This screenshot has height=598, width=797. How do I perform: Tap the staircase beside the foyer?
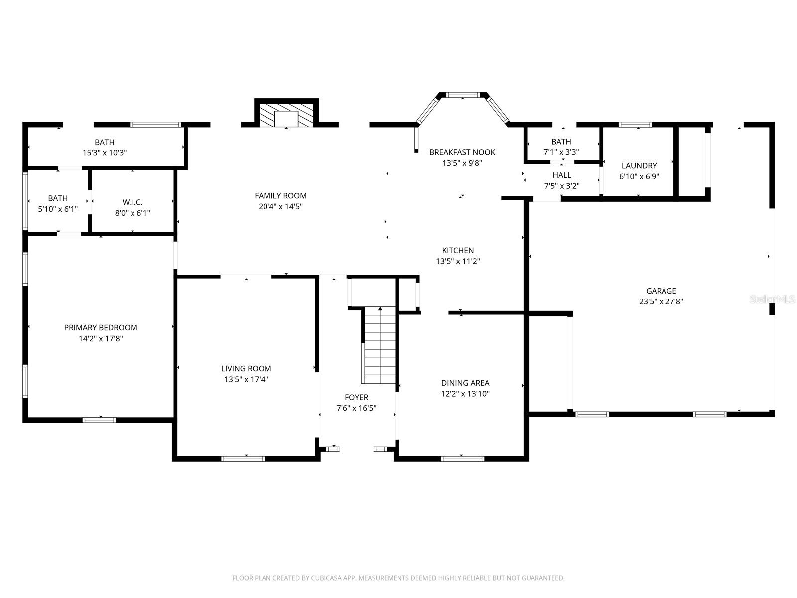click(x=380, y=346)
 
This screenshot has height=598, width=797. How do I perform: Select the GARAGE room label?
click(x=661, y=291)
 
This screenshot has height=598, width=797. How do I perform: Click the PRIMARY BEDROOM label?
click(x=101, y=328)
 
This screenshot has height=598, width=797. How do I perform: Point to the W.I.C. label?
click(x=133, y=202)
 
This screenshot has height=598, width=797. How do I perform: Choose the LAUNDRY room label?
click(x=639, y=166)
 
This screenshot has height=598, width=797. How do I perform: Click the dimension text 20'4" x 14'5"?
click(x=281, y=206)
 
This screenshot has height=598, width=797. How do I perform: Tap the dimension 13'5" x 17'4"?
click(x=246, y=379)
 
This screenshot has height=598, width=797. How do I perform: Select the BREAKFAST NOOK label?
click(x=462, y=152)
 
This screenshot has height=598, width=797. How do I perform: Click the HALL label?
click(x=562, y=175)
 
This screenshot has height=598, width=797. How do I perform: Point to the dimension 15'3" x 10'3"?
click(x=105, y=153)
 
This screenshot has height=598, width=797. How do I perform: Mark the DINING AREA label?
click(x=465, y=383)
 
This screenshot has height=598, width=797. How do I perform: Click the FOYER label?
click(x=357, y=398)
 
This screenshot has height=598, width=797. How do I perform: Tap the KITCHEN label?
click(x=458, y=251)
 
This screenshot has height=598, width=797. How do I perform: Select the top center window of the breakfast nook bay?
click(x=463, y=94)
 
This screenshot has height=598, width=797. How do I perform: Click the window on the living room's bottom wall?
click(x=243, y=459)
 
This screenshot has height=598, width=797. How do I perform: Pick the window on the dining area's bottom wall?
click(x=462, y=459)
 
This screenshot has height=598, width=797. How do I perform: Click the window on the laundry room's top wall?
click(x=635, y=125)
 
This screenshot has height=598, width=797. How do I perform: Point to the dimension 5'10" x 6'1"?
click(x=58, y=209)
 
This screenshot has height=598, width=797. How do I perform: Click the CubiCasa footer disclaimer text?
click(x=398, y=578)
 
